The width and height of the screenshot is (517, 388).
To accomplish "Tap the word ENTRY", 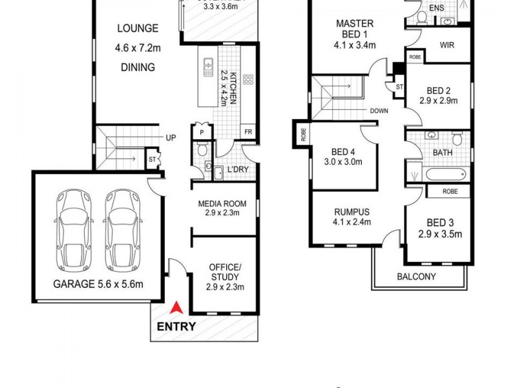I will pyautogui.click(x=176, y=327).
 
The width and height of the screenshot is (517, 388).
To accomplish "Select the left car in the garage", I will pyautogui.click(x=73, y=230).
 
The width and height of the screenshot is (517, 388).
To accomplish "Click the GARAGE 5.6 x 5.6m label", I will pyautogui.click(x=98, y=283).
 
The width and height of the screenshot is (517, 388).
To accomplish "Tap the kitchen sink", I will pyautogui.click(x=208, y=67).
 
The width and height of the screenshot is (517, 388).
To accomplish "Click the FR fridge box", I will pyautogui.click(x=248, y=131).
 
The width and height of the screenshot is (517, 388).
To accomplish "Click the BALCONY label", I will pyautogui.click(x=416, y=277).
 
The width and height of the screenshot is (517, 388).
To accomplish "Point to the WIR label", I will pyautogui.click(x=447, y=47).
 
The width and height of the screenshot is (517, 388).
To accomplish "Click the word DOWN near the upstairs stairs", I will pyautogui.click(x=379, y=111).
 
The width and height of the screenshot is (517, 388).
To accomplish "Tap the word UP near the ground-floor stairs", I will pyautogui.click(x=171, y=138).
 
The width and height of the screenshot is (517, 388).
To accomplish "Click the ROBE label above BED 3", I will pyautogui.click(x=451, y=191).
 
